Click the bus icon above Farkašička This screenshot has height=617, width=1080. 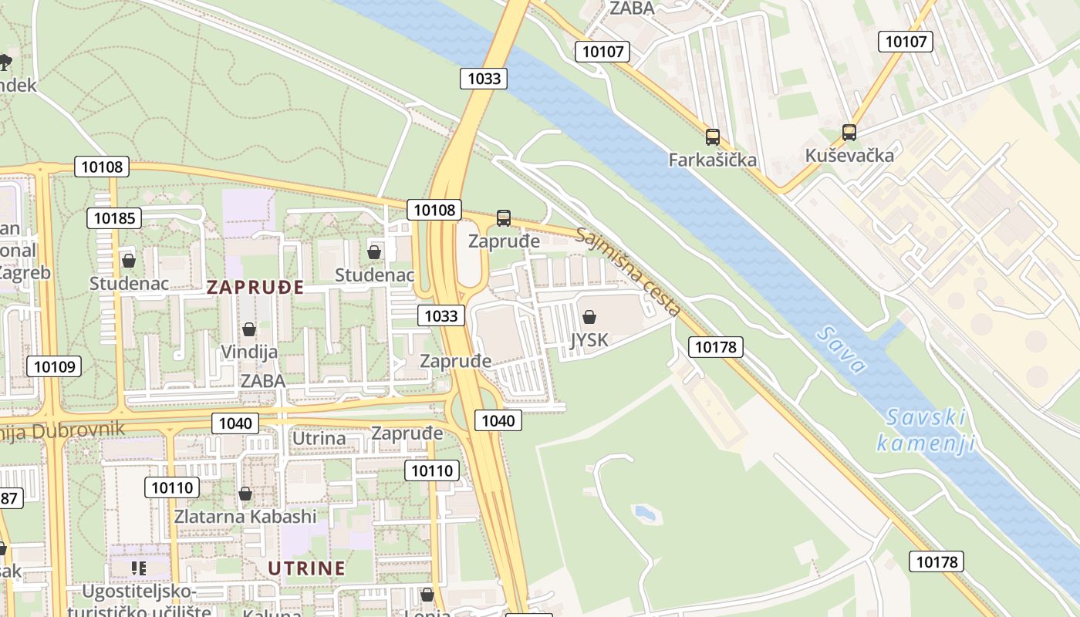(713, 137)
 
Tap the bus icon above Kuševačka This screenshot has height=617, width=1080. (849, 133)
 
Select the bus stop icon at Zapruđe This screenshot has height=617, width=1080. (504, 218)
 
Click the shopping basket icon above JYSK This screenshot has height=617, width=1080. (589, 317)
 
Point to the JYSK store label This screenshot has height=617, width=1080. (589, 340)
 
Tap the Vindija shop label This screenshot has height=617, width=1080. (249, 352)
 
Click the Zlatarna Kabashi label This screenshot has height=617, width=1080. (245, 516)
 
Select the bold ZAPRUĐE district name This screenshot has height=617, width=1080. (255, 288)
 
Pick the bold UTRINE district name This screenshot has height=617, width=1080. (306, 568)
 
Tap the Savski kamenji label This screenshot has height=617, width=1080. (926, 430)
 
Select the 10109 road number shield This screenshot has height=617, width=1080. (54, 366)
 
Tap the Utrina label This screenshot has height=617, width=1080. (319, 438)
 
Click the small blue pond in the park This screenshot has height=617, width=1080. (643, 512)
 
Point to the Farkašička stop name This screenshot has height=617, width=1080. (713, 160)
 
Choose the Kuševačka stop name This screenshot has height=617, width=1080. (849, 155)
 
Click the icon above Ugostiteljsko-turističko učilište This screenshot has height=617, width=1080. (139, 568)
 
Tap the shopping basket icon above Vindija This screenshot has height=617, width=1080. (249, 330)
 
